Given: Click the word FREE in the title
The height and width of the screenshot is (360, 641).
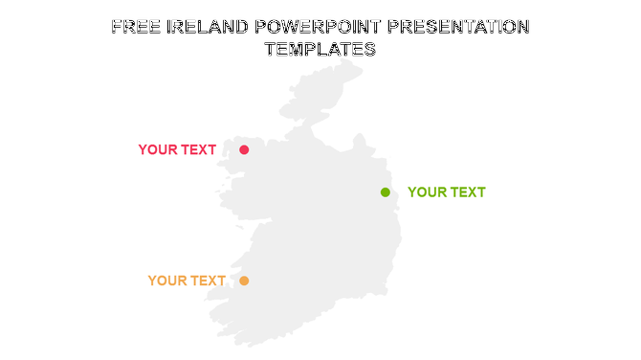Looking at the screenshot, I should (x=134, y=27).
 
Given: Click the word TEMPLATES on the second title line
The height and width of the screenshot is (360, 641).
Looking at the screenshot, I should (x=320, y=50).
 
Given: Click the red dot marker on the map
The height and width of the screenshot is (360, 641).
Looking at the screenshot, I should (x=244, y=149).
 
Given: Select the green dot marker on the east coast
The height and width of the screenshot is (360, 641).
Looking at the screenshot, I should (x=386, y=192).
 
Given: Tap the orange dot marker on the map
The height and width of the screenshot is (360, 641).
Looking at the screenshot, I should (x=244, y=281).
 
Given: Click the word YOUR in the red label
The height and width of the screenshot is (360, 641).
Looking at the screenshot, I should (x=158, y=150).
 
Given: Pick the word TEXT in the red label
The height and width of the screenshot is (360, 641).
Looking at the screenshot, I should (x=198, y=150).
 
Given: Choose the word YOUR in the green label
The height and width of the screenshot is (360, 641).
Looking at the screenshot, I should (x=427, y=192).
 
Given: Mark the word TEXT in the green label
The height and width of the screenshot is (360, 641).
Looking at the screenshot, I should (x=467, y=192).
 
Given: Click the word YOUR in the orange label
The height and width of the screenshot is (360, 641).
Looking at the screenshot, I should (x=167, y=281).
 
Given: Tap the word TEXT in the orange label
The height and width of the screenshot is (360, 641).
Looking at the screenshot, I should (x=208, y=281).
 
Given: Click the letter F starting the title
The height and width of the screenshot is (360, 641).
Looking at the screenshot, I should (x=116, y=27).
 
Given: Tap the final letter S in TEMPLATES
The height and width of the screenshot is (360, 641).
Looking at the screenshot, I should (x=370, y=50).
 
